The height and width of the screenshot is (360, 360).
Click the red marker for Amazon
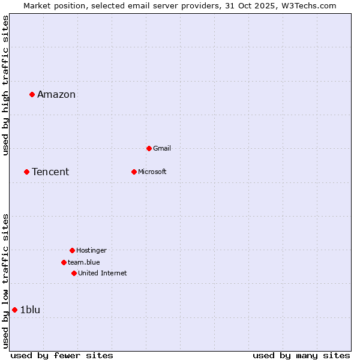pos(32,94)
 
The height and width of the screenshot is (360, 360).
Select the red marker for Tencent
pos(26,172)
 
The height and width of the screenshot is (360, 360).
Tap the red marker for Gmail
pos(149,148)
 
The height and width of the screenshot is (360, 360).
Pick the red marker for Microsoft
pos(134,172)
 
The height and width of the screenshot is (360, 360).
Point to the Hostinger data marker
pos(72,250)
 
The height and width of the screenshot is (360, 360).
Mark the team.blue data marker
pos(64,262)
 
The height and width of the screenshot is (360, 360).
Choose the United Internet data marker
pos(74,273)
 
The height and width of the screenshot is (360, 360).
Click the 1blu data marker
pos(14,310)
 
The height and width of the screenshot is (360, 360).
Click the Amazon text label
pos(56,94)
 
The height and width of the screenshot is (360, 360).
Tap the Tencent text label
pos(50,172)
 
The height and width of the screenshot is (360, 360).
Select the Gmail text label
pos(162,148)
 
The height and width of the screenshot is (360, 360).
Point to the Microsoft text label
pos(152,172)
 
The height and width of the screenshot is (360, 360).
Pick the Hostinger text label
pos(91,250)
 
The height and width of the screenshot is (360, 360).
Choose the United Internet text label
pos(103,273)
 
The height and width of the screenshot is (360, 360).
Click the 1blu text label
pos(30,310)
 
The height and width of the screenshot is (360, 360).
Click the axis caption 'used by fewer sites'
pos(62,355)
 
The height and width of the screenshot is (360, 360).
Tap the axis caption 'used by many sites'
pos(301,355)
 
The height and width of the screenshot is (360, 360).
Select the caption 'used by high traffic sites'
pos(6,85)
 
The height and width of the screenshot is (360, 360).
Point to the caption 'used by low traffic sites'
pos(6,280)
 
